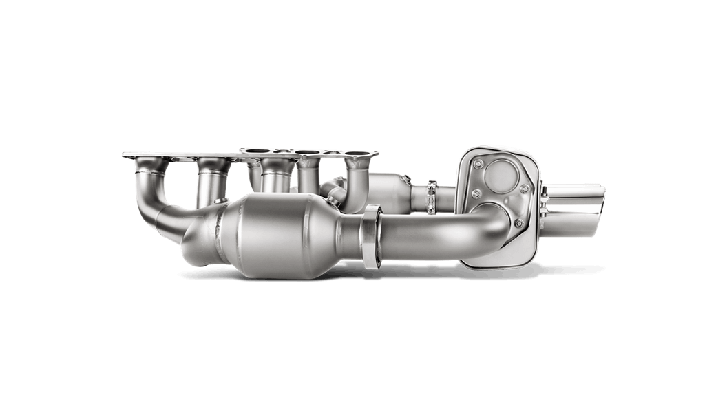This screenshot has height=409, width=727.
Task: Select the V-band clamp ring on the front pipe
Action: [371, 235]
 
